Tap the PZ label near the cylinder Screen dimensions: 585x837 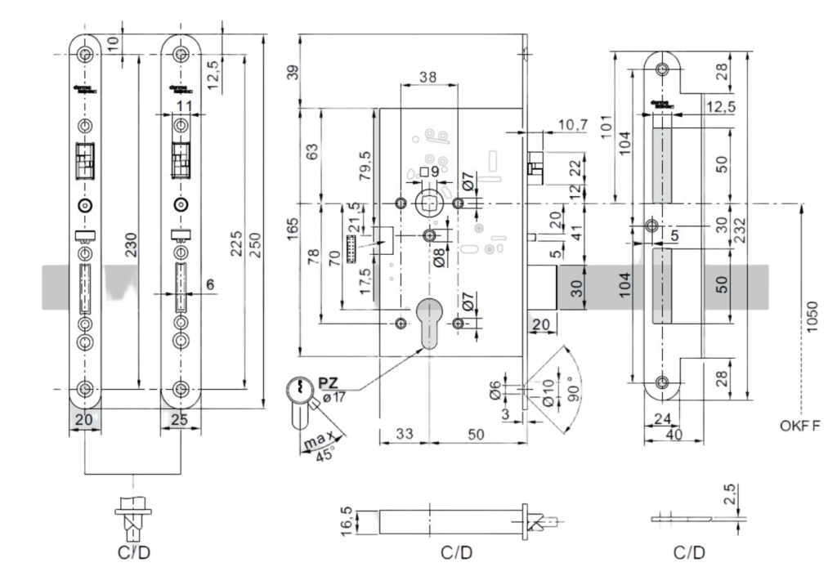click(329, 382)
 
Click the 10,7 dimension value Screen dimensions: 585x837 click(572, 124)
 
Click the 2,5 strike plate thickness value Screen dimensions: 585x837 click(731, 494)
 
